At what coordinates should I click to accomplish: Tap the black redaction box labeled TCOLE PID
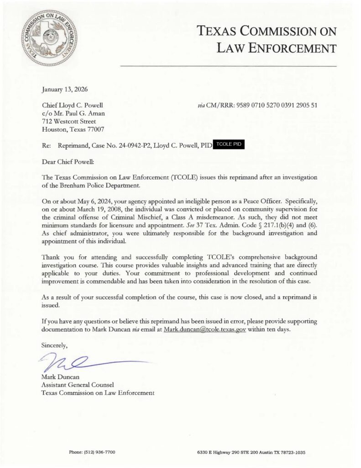[229, 144]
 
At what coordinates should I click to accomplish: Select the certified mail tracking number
[276, 105]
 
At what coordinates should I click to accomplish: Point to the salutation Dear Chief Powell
[67, 161]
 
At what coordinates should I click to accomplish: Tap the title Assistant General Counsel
[74, 385]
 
